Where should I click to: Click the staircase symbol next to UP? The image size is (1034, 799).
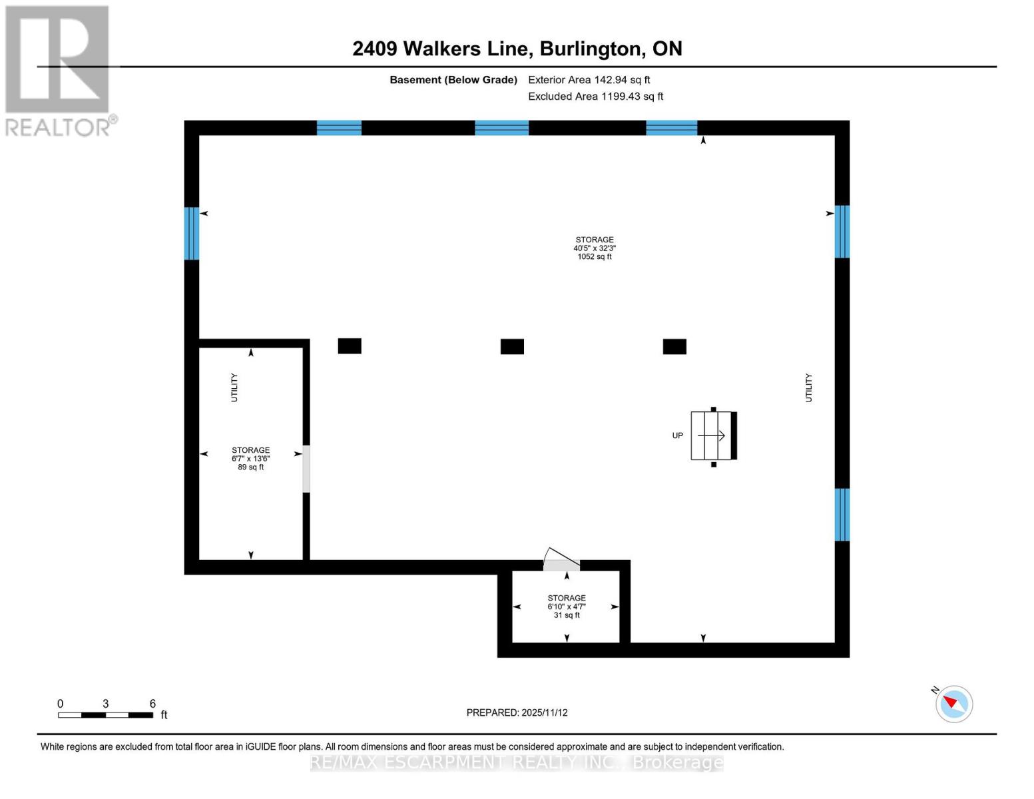coord(712,435)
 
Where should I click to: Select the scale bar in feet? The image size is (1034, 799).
coord(105,715)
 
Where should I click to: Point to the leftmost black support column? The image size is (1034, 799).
coord(350,346)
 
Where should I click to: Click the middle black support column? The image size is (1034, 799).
coord(512,346)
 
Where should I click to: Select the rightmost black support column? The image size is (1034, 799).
coord(674,346)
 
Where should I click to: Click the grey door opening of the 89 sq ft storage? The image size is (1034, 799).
coord(306,469)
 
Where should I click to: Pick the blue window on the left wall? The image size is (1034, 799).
coord(192,233)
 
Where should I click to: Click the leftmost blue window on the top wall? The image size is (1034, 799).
coord(339,128)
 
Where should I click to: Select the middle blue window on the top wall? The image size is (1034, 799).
coord(501,128)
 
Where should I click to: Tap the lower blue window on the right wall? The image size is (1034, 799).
coord(842,515)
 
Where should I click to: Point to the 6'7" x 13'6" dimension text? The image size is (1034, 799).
coord(250,459)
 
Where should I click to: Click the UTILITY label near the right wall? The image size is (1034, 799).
coord(808,388)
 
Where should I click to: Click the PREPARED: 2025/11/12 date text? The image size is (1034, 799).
coord(517,712)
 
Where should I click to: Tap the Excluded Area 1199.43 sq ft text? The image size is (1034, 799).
coord(595,97)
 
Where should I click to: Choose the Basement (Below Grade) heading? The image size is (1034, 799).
coord(453,80)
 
